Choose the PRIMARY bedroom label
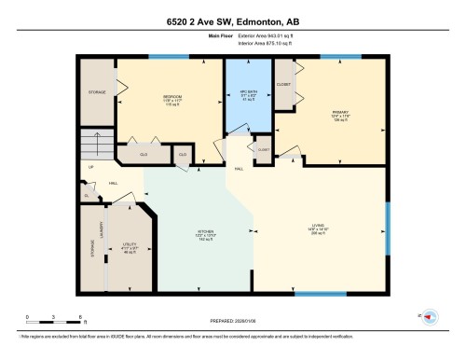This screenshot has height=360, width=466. tap(339, 114)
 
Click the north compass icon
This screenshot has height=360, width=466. tap(430, 317)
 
